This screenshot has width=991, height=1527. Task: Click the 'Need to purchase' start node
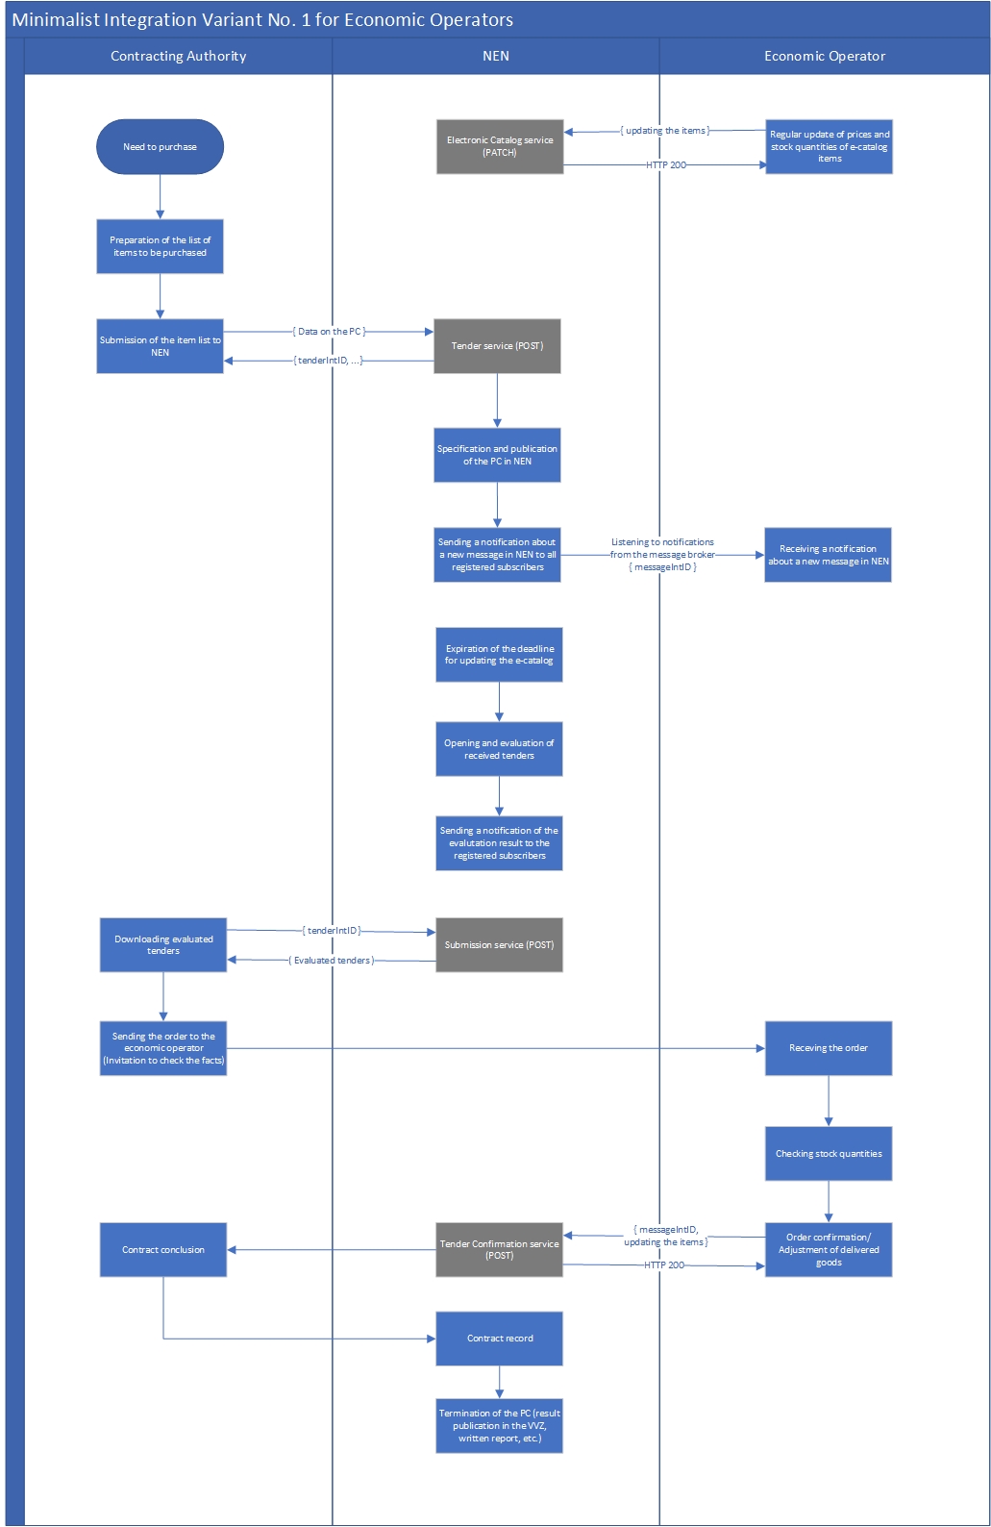pyautogui.click(x=160, y=147)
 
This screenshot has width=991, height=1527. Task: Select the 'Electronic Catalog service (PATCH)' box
pyautogui.click(x=500, y=146)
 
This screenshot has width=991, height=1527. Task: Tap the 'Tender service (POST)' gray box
pyautogui.click(x=497, y=346)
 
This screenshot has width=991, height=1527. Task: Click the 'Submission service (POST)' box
pyautogui.click(x=499, y=945)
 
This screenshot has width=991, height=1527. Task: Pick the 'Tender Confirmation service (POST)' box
pyautogui.click(x=499, y=1250)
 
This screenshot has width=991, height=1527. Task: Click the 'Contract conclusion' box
pyautogui.click(x=163, y=1250)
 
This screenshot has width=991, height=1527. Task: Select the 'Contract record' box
pyautogui.click(x=499, y=1339)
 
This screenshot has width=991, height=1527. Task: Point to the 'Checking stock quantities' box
pyautogui.click(x=829, y=1154)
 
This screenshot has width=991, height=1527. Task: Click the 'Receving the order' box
pyautogui.click(x=829, y=1048)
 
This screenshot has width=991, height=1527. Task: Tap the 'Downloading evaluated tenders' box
pyautogui.click(x=163, y=945)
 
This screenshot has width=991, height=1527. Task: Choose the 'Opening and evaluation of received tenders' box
pyautogui.click(x=499, y=749)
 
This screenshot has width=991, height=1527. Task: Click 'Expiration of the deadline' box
pyautogui.click(x=499, y=655)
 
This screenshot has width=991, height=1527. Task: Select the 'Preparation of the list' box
pyautogui.click(x=160, y=246)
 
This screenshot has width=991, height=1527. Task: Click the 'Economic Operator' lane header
pyautogui.click(x=825, y=56)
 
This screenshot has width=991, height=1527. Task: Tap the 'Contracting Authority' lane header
pyautogui.click(x=178, y=56)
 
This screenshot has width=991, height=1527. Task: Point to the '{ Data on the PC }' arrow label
pyautogui.click(x=329, y=332)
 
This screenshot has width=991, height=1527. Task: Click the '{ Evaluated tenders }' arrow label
pyautogui.click(x=332, y=961)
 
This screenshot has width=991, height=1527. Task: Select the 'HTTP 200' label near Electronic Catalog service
pyautogui.click(x=666, y=165)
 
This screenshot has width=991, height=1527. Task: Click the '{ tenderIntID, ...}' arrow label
pyautogui.click(x=329, y=361)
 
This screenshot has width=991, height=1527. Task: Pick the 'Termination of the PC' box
pyautogui.click(x=499, y=1426)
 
